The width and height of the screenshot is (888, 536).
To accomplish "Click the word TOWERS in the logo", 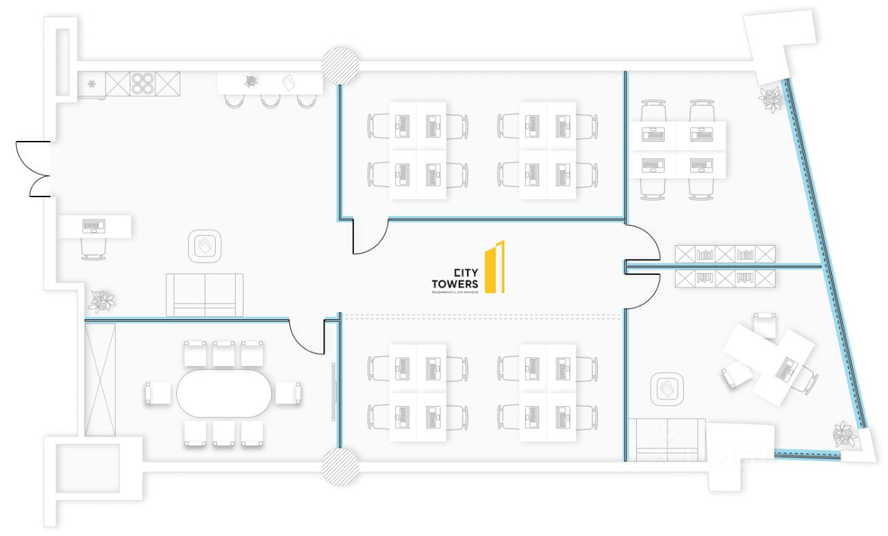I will point(454,284).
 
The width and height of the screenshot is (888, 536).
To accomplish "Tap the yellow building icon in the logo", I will point(495,267).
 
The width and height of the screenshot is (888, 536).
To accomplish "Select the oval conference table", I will point(223,393).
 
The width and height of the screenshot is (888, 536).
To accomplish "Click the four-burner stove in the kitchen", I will point(143,83).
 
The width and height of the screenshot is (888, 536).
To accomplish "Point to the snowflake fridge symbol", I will point(91,84).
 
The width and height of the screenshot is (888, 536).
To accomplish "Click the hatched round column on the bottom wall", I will point(340,466).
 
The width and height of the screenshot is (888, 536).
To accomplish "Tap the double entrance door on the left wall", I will point(33,169).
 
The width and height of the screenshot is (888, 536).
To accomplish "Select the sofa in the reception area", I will point(205,294).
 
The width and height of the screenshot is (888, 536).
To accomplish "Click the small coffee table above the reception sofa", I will point(205,246).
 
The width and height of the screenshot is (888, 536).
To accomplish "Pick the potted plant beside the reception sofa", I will point(102,301).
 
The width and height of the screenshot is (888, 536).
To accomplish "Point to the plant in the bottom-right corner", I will point(844,433).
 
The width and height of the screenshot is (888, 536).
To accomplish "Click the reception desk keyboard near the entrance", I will point(93,226).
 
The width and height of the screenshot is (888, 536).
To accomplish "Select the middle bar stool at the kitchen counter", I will point(270,101).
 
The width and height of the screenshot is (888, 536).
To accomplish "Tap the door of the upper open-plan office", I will point(370,237).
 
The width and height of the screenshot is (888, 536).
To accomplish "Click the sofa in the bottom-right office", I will point(666,440).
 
